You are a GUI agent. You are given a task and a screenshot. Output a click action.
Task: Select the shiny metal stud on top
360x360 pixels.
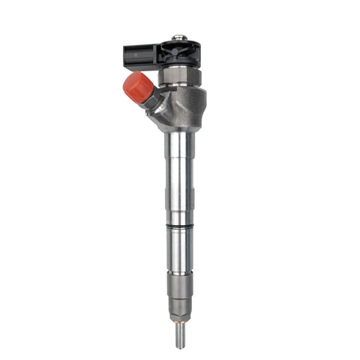pyautogui.click(x=178, y=37)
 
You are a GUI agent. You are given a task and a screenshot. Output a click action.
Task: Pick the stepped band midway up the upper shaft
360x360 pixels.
pyautogui.click(x=179, y=191)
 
